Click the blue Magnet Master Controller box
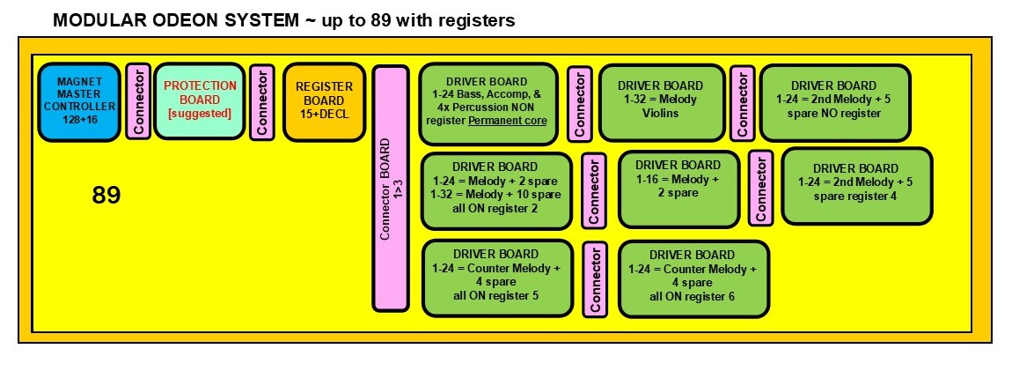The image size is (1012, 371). coord(78,101)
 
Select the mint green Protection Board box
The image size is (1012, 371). coord(200,100)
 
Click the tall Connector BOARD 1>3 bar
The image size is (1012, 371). coord(391,187)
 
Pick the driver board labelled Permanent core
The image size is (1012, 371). coord(488,103)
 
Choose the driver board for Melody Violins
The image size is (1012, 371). coord(661,102)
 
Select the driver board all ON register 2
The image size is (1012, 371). coord(496,190)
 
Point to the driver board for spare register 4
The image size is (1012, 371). coord(855,185)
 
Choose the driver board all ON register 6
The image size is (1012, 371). coord(693,278)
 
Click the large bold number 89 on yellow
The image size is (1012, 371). coord(106,195)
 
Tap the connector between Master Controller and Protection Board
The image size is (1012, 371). coord(138,100)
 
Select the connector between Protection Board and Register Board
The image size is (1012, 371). coord(261,101)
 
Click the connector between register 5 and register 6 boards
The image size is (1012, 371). coord(595,278)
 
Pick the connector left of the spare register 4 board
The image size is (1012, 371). coord(760,187)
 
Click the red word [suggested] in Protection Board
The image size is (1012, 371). coord(200,114)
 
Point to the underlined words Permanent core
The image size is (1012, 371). coord(507,120)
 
